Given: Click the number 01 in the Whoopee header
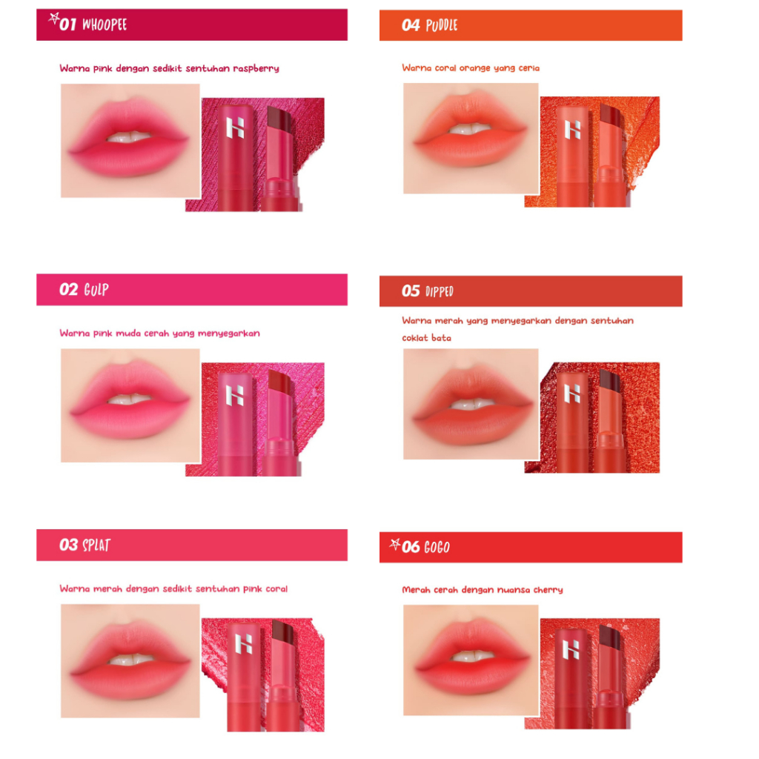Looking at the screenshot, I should pyautogui.click(x=69, y=24).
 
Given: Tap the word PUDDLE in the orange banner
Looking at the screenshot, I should pyautogui.click(x=442, y=26).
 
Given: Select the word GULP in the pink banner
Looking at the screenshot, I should pyautogui.click(x=96, y=289).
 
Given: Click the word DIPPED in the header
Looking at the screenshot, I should pyautogui.click(x=440, y=291).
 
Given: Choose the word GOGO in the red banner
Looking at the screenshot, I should pyautogui.click(x=437, y=548).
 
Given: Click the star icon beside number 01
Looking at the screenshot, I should pyautogui.click(x=53, y=18).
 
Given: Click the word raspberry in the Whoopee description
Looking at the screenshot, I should pyautogui.click(x=256, y=68).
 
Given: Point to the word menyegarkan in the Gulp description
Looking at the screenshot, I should pyautogui.click(x=232, y=334).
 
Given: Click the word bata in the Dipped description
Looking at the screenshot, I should pyautogui.click(x=442, y=338).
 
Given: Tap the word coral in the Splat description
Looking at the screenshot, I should pyautogui.click(x=274, y=589).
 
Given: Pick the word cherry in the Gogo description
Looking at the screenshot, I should pyautogui.click(x=548, y=590).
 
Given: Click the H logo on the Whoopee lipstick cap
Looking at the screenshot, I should pyautogui.click(x=235, y=128).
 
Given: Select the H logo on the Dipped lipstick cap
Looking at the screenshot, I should pyautogui.click(x=572, y=393).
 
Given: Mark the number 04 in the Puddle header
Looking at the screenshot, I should pyautogui.click(x=411, y=26).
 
